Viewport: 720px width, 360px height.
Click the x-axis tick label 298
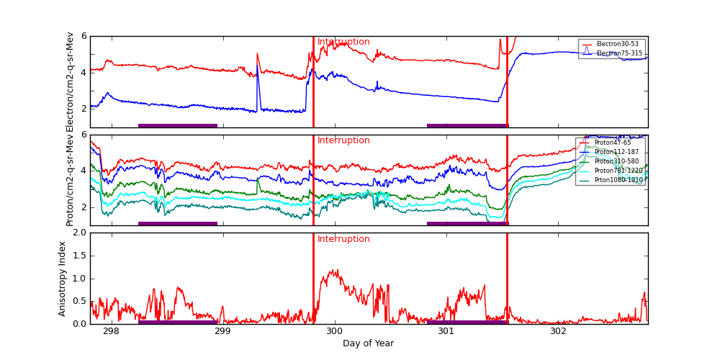[x=111, y=331]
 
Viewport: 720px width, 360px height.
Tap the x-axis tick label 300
[x=334, y=331]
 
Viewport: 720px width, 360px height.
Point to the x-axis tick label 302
[x=558, y=331]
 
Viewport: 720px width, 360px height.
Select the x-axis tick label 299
[x=222, y=331]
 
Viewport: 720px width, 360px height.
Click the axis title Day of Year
[x=368, y=343]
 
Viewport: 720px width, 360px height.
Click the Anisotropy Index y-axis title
[x=63, y=279]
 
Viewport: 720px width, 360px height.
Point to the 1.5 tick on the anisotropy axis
[x=78, y=256]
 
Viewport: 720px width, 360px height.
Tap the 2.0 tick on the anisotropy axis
[x=78, y=233]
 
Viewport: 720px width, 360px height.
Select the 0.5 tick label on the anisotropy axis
[x=78, y=301]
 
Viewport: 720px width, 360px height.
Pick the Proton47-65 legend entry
[x=612, y=143]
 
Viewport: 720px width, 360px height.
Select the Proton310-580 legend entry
[x=616, y=161]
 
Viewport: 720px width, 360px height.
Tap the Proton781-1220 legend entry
[x=618, y=171]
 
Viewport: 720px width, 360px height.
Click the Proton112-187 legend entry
[x=616, y=152]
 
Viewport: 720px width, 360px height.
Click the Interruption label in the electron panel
[x=343, y=42]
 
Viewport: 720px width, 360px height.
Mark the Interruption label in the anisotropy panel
[x=343, y=239]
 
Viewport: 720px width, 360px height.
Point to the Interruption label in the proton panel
[x=343, y=140]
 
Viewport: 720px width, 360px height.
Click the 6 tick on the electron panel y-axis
[x=84, y=36]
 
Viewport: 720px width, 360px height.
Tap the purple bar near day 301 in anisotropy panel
[x=467, y=322]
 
